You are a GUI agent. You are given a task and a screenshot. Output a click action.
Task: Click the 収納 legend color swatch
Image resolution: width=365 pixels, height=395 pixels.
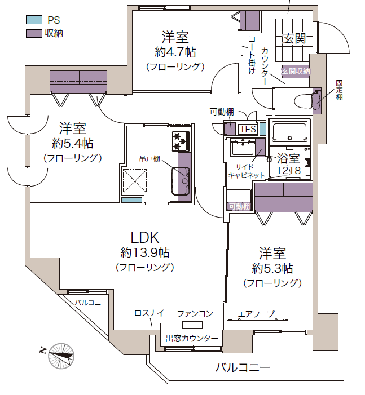pos(34,33)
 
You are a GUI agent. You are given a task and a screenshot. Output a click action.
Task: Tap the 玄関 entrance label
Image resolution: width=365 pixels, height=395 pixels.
pos(294,39)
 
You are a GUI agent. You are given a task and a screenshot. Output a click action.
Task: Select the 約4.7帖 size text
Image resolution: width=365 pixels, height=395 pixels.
pos(175,52)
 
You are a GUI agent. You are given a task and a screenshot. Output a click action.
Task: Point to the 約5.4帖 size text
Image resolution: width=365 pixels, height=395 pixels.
pos(73,143)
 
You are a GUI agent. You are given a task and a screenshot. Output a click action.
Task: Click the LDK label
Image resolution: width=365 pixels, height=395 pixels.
pos(146,237)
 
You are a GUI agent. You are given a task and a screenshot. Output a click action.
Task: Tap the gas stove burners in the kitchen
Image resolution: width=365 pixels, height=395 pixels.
pos(181,140)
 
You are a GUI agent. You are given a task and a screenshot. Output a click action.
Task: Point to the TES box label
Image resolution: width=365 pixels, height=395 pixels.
pos(248,129)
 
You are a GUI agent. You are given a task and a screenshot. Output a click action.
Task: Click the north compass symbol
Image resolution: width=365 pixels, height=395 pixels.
pos(60,354)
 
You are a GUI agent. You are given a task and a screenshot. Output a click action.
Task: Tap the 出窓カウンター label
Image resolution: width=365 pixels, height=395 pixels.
pos(192,338)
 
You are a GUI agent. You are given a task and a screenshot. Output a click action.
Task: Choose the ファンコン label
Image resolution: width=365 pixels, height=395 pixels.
pos(195,313)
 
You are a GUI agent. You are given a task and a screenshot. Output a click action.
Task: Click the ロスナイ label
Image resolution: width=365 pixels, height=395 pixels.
pos(149,313)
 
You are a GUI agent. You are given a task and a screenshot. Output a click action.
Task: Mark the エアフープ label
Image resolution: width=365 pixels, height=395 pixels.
pos(256,313)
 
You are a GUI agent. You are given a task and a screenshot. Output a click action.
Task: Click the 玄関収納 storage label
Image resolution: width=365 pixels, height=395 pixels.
pos(296,72)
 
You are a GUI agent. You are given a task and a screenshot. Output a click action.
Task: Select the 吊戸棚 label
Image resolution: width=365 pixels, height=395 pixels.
pos(150,159)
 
